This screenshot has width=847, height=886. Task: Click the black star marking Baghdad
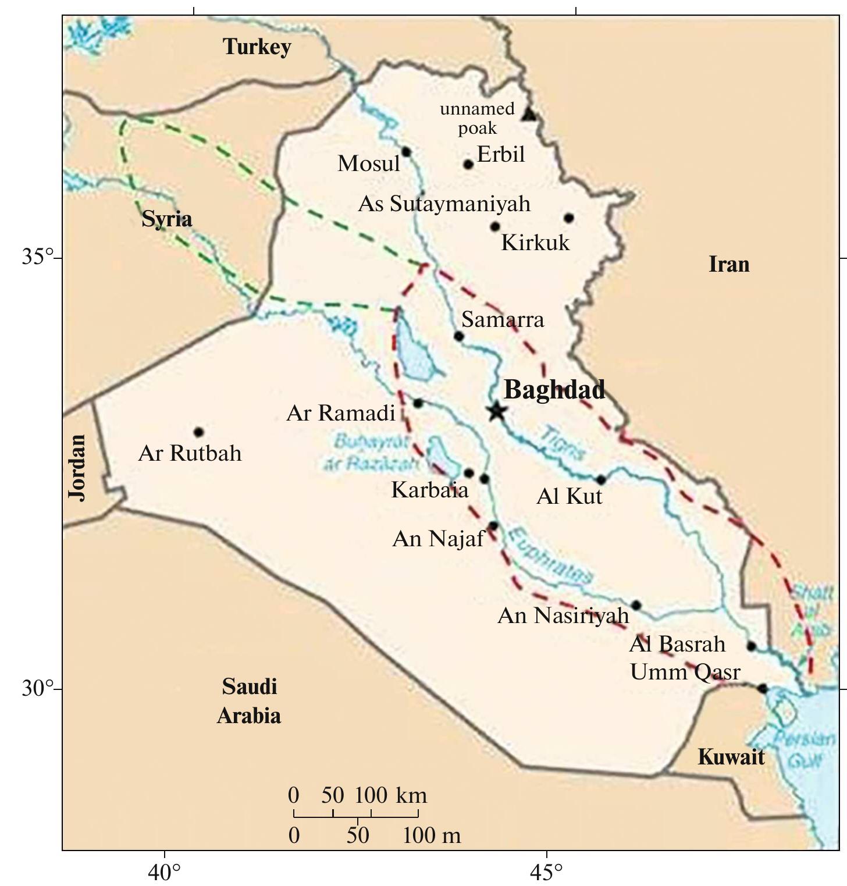[496, 411]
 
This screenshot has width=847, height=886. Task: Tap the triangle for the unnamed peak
[528, 114]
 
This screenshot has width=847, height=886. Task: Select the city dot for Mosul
[406, 152]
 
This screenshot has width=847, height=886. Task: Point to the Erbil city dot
[468, 164]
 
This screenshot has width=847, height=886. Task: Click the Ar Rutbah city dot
[198, 432]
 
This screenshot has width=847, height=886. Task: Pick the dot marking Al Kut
[602, 480]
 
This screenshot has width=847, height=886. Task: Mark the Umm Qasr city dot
[762, 689]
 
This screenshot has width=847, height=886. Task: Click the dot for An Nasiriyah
[636, 606]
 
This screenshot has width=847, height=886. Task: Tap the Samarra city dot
[458, 336]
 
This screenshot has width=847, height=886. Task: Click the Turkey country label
[257, 47]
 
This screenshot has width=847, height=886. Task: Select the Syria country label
[167, 219]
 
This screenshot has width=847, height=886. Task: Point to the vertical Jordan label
[77, 467]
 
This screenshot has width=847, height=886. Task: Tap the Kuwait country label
[731, 757]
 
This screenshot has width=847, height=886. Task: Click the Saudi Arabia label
[249, 701]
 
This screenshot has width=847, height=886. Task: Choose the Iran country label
[729, 264]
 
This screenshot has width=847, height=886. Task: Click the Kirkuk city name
[535, 243]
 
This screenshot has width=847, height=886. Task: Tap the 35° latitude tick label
[37, 257]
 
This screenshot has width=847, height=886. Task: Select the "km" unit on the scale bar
[411, 795]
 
